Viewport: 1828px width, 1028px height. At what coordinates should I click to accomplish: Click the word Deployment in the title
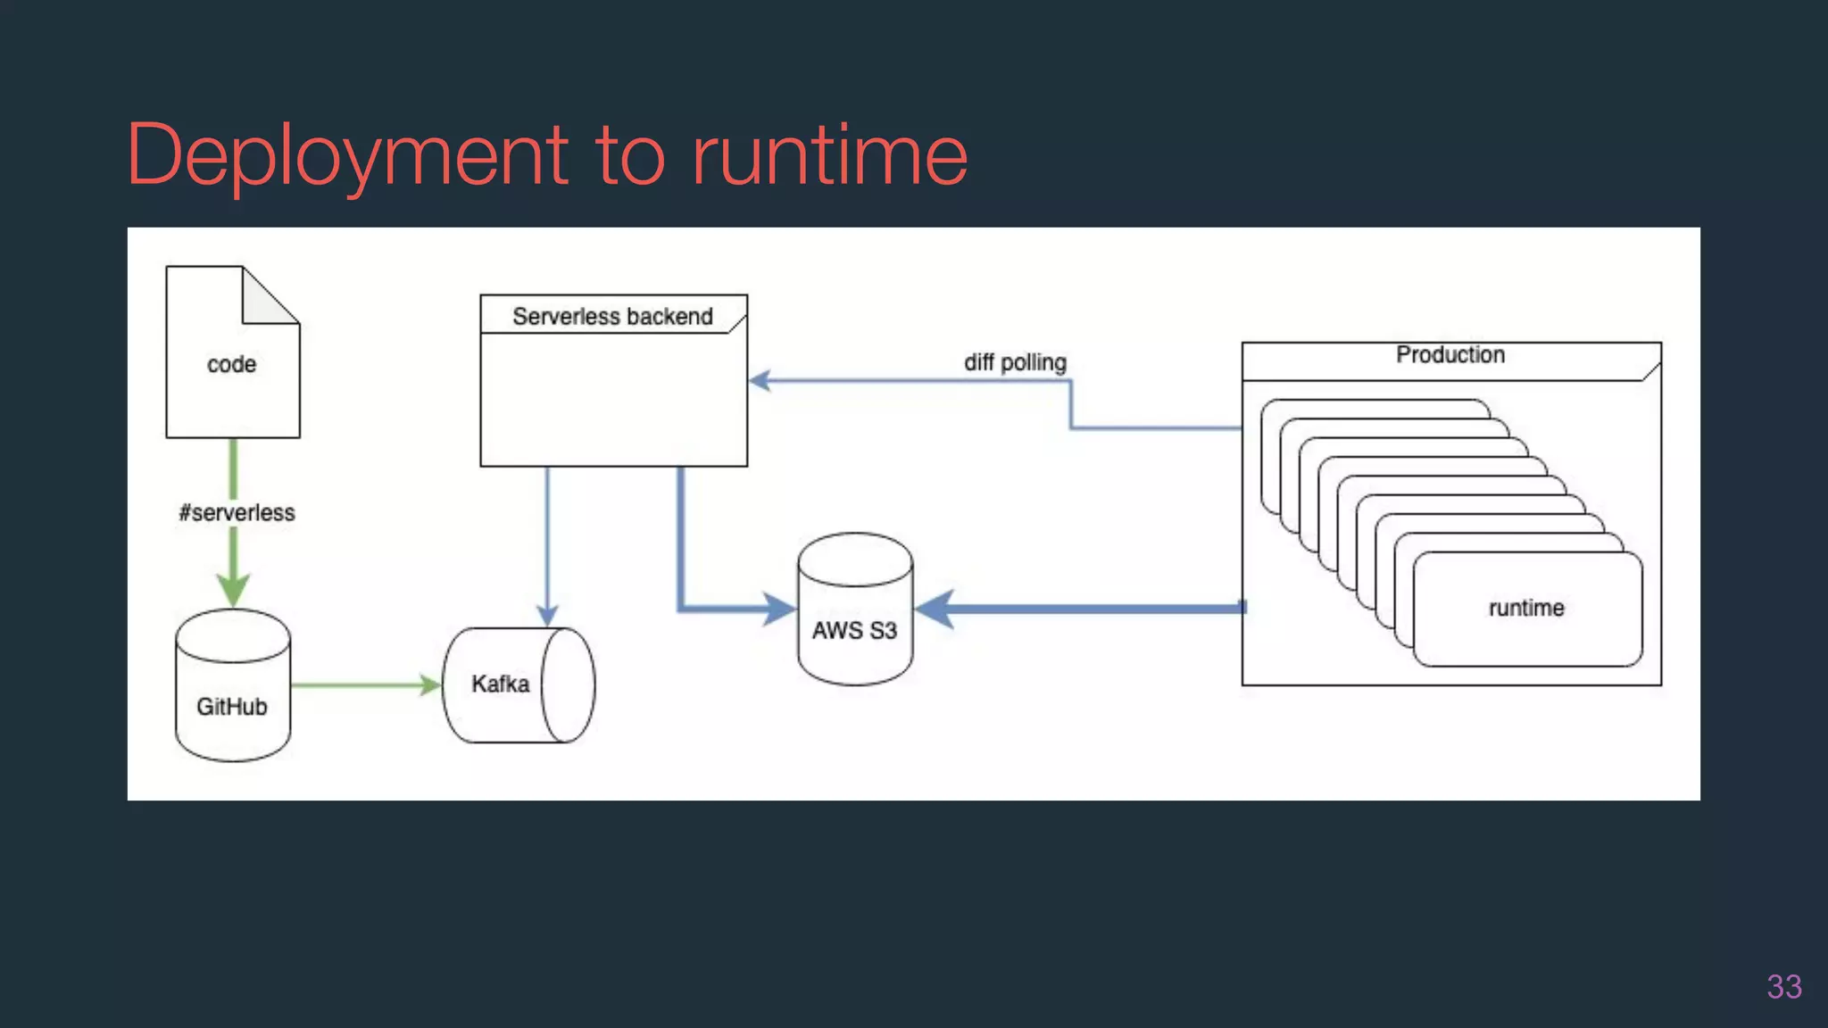click(x=348, y=156)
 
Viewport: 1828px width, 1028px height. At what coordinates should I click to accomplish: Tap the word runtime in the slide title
click(x=830, y=156)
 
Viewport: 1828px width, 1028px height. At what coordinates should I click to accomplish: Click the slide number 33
click(x=1783, y=987)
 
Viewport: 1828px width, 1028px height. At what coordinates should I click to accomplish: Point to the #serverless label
click(x=237, y=512)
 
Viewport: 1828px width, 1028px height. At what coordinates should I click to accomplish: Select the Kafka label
click(x=500, y=684)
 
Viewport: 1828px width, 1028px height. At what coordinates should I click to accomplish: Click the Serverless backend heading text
click(x=612, y=316)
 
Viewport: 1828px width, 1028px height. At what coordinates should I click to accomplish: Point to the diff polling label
click(x=1015, y=362)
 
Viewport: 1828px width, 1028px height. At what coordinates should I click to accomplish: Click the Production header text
click(x=1450, y=355)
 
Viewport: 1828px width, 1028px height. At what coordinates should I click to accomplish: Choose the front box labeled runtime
click(x=1526, y=609)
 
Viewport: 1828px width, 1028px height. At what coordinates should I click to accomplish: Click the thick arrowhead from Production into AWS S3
click(x=935, y=609)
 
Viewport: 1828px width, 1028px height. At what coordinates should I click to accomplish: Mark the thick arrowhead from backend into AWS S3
click(x=778, y=609)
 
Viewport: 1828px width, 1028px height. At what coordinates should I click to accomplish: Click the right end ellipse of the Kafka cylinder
click(x=567, y=685)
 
